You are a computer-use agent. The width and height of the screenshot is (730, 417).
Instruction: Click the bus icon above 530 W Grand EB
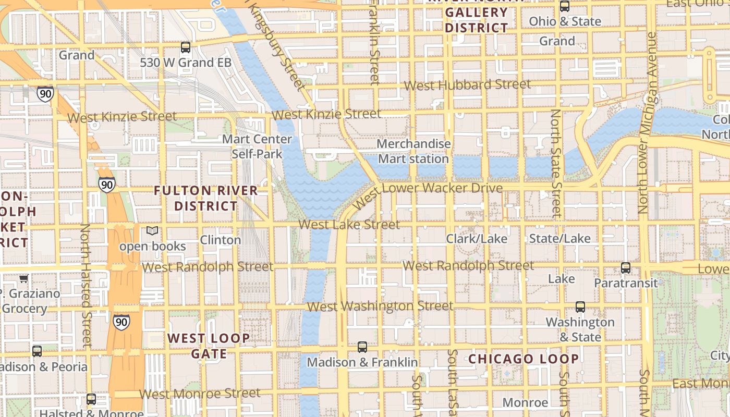click(186, 47)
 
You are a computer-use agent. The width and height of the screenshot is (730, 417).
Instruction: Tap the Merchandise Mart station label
click(413, 151)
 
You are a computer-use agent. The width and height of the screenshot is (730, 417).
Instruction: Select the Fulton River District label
click(205, 198)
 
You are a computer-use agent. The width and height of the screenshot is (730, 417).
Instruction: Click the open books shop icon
click(152, 231)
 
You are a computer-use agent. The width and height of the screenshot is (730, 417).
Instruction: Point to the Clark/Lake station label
click(476, 239)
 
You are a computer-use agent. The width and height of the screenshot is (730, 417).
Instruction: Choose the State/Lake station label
click(559, 239)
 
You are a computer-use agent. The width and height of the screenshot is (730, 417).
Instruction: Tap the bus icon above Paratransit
click(626, 268)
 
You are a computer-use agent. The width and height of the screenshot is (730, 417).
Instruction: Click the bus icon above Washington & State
click(580, 307)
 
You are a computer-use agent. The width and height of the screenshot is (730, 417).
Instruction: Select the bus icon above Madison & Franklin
click(362, 347)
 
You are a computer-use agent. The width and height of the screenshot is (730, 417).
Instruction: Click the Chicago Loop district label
click(523, 359)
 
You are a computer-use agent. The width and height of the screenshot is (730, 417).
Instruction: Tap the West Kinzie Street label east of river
click(326, 114)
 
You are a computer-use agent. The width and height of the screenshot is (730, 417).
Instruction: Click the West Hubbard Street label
click(467, 85)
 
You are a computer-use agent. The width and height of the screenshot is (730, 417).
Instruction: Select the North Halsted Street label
click(86, 286)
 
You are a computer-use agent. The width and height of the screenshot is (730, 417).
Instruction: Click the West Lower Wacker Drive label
click(428, 193)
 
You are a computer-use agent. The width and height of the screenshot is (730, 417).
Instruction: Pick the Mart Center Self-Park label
click(257, 146)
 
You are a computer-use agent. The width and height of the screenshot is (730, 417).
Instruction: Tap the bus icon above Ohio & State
click(564, 6)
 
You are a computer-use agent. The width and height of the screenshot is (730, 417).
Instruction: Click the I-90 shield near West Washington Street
click(121, 322)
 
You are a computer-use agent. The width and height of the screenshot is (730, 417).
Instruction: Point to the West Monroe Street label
click(200, 394)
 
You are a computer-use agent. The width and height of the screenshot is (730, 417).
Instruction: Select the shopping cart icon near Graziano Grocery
click(23, 279)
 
